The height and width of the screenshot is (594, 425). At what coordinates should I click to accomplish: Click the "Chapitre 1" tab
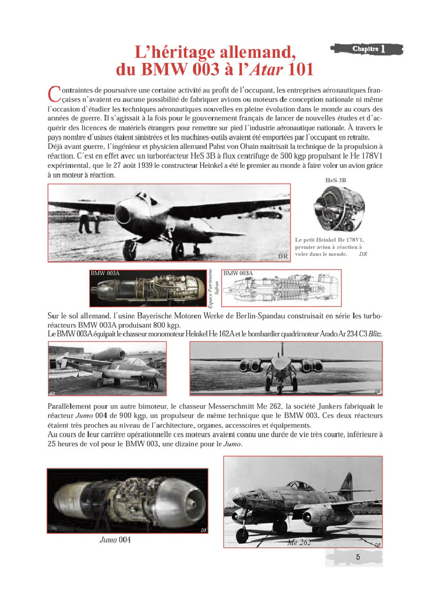pos(368,49)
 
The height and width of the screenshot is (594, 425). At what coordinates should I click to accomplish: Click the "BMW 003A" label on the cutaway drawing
pos(238,273)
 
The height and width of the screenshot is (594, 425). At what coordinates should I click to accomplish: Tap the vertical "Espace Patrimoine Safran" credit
pos(213,288)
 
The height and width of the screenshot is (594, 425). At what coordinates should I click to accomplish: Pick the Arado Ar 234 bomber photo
pos(286,368)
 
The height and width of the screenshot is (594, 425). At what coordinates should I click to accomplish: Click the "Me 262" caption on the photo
pos(299,542)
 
